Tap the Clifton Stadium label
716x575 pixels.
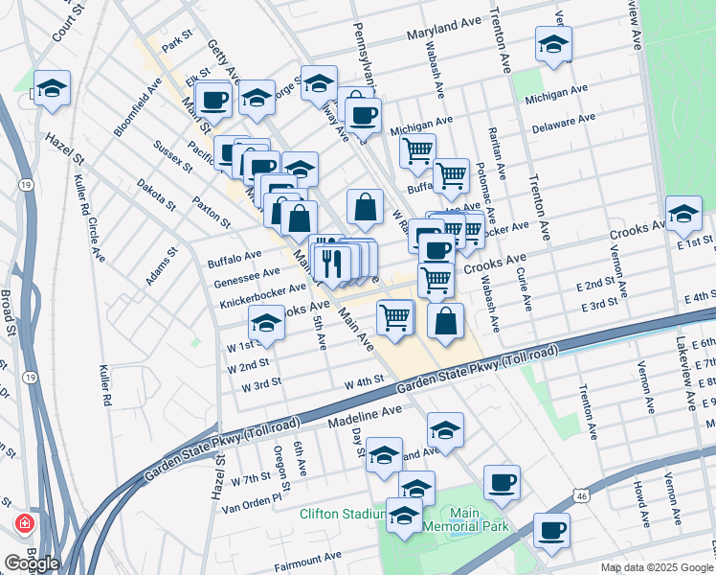[x=339, y=514]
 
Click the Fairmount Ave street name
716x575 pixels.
[x=307, y=556]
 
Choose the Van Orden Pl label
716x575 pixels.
[x=252, y=497]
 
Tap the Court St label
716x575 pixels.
[x=64, y=20]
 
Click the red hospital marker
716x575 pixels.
[x=24, y=526]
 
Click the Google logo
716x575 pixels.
[x=32, y=563]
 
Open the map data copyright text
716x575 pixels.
[x=656, y=566]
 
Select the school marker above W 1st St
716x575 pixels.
[x=267, y=323]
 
